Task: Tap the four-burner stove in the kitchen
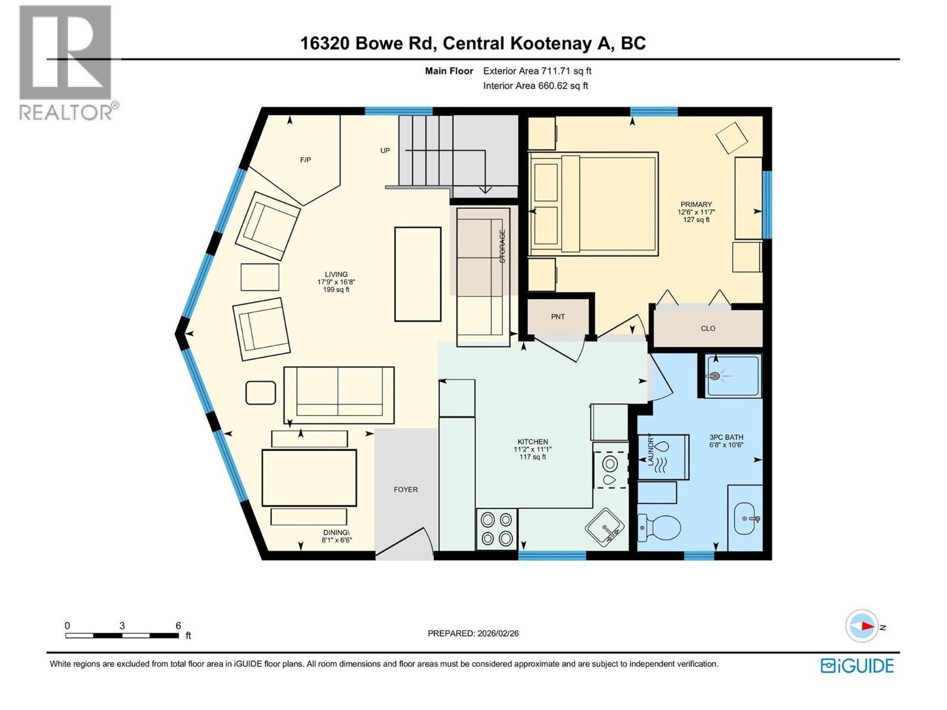click(x=496, y=530)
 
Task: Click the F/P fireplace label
click(x=305, y=160)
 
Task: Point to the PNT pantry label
click(x=558, y=317)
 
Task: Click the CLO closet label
click(x=708, y=328)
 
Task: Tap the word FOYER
click(x=405, y=489)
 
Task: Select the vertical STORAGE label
click(x=503, y=246)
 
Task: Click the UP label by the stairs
click(x=385, y=150)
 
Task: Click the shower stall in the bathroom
click(x=733, y=376)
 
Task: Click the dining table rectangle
click(x=309, y=478)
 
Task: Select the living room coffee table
click(x=418, y=274)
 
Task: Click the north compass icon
click(x=862, y=626)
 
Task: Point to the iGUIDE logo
click(x=857, y=666)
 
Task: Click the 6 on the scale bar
click(x=178, y=625)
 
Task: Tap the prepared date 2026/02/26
click(x=497, y=633)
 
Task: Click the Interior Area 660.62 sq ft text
click(x=535, y=86)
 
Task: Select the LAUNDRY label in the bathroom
click(x=650, y=450)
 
